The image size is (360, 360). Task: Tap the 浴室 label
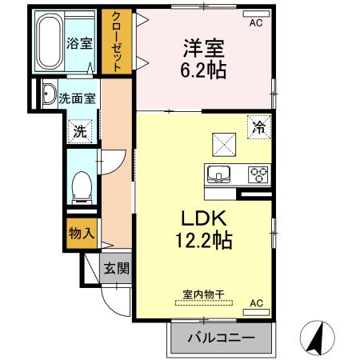tap(78, 43)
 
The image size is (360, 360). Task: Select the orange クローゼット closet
tap(117, 42)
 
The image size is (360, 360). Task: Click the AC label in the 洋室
tap(255, 23)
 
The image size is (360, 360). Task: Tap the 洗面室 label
tap(76, 98)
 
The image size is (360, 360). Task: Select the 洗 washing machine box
tap(80, 131)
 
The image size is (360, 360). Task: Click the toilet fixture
tap(80, 186)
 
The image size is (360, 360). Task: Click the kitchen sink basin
tap(219, 172)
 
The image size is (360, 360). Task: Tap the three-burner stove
tap(258, 172)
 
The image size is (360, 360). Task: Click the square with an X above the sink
tap(223, 143)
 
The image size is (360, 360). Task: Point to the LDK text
tap(203, 218)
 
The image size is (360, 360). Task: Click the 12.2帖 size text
tap(203, 240)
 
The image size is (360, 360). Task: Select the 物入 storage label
tap(82, 234)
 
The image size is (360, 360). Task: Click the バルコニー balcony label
tap(221, 338)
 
